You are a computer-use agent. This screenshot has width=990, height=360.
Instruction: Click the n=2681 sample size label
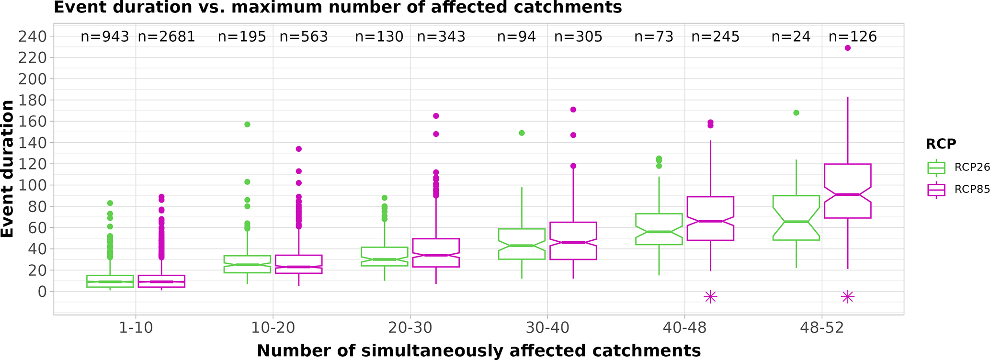166,37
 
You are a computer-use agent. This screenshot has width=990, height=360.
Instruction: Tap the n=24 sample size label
791,37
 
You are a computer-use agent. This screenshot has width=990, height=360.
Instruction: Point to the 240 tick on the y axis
33,36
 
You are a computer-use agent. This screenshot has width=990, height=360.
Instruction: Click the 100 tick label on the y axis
33,185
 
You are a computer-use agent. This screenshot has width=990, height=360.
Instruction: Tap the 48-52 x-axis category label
822,328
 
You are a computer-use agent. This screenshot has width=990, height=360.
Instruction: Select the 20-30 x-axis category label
410,328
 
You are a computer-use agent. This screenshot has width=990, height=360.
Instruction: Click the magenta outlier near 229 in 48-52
848,48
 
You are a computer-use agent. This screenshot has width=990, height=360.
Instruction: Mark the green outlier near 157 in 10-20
248,124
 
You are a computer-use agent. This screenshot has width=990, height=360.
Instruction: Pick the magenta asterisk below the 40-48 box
710,297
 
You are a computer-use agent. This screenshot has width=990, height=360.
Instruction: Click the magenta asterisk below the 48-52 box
848,297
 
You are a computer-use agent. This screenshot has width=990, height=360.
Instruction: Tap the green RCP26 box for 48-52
796,218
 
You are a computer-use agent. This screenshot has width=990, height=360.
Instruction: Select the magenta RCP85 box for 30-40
573,241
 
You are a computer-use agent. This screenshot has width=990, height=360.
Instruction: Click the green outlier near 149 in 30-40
522,133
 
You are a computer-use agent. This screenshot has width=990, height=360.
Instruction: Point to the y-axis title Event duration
8,169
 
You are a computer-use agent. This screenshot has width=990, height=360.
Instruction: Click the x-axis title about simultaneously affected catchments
478,351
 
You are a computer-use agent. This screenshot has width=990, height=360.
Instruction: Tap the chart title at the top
338,8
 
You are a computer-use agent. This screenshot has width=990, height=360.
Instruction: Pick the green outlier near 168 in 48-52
796,113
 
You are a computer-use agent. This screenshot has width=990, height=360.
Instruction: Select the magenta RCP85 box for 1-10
161,281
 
